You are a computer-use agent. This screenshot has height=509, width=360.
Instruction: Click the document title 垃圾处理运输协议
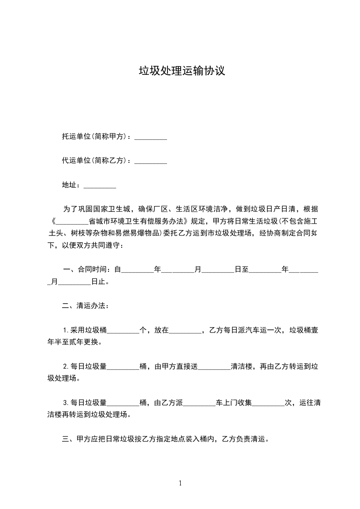[182, 71]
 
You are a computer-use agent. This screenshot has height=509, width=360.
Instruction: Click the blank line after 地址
[100, 186]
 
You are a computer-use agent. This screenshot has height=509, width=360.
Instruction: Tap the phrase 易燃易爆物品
[138, 234]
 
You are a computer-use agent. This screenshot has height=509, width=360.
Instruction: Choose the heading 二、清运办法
[85, 306]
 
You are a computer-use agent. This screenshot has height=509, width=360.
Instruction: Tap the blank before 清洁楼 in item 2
[215, 367]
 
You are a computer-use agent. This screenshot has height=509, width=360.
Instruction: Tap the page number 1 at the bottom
[180, 484]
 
